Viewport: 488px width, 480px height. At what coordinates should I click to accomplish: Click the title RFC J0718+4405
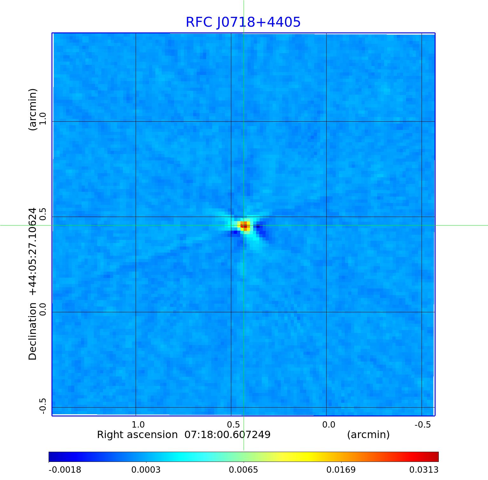243,22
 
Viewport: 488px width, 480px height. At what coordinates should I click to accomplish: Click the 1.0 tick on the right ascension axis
138,424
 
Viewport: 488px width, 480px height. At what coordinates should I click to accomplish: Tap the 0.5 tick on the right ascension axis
233,424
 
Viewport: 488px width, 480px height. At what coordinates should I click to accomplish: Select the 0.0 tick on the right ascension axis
329,424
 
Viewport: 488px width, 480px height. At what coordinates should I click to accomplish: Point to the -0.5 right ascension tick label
423,424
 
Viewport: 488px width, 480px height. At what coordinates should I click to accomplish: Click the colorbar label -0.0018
65,470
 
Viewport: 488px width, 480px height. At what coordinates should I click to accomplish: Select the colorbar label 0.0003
146,470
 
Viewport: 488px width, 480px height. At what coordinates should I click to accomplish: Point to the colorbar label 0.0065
243,470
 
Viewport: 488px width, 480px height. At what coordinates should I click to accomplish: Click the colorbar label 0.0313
424,470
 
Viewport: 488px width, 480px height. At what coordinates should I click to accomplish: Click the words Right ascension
137,435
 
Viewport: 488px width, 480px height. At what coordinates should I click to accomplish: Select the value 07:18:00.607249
227,435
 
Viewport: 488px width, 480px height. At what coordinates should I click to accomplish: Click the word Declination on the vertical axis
33,331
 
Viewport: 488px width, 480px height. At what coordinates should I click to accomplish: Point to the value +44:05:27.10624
33,251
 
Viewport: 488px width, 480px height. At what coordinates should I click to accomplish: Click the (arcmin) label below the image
368,435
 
